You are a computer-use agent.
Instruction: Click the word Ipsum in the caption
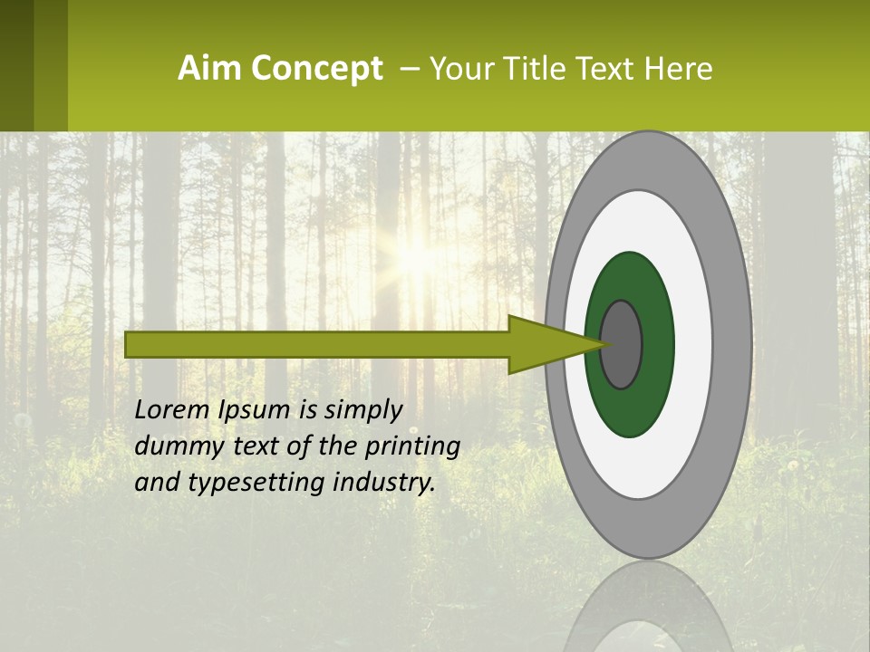coord(256,411)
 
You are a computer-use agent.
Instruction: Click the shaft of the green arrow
coord(317,344)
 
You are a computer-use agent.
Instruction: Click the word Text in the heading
coord(611,69)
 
